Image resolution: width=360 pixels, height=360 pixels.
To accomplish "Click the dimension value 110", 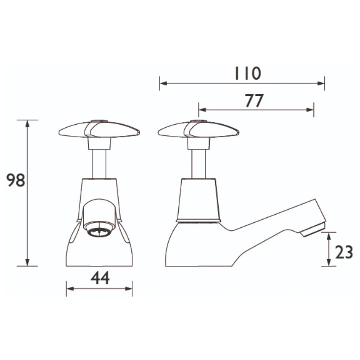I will coord(247,73).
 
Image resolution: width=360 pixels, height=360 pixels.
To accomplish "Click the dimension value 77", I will coord(254,101).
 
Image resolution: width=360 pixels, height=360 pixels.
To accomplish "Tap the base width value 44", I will coord(100,279).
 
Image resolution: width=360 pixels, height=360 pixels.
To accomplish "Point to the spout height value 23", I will coord(344,252).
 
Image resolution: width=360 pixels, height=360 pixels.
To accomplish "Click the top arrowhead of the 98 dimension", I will coord(27,123).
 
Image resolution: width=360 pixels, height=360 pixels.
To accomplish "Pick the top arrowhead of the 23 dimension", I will coord(328,235).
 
